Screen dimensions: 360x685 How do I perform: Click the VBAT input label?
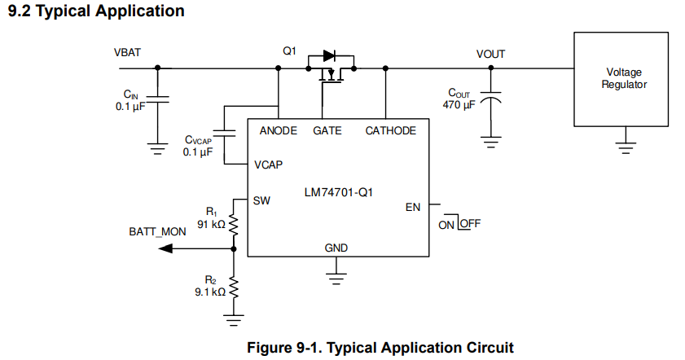coord(127,52)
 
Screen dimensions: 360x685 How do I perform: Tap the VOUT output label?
coord(490,54)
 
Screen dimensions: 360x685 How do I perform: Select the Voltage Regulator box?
coord(624,79)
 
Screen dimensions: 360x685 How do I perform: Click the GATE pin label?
coord(327,130)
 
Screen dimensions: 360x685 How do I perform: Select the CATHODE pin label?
coord(390,130)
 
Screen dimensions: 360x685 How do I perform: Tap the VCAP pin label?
coord(268,165)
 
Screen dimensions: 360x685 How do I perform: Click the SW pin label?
coord(261,200)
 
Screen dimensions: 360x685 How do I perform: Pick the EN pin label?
coord(413,207)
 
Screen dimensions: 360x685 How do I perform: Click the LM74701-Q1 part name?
coord(340,192)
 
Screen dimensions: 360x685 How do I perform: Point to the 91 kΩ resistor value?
coord(209,223)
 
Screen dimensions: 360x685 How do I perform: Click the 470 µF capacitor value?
coord(459,104)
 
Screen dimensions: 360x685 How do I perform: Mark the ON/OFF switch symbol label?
coord(459,224)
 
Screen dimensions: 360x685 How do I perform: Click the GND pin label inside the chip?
coord(336,248)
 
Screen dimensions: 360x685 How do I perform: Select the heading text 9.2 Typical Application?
coord(95,11)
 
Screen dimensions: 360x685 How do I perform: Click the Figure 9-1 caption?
coord(380,348)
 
